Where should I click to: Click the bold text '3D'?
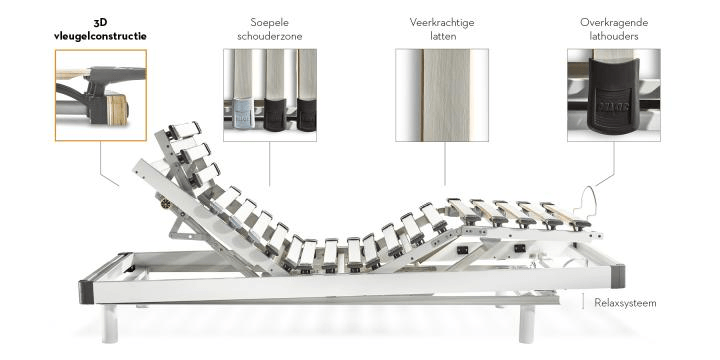pos(100,22)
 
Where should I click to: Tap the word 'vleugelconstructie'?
pos(100,36)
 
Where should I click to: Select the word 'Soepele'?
pos(270,22)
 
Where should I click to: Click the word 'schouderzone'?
pos(270,36)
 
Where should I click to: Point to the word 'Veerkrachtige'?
pos(442,22)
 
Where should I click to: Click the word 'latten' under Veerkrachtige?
pos(443,36)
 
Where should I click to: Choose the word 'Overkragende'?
pos(614,22)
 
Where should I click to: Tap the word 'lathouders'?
pos(614,36)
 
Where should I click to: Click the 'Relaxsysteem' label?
pos(625,303)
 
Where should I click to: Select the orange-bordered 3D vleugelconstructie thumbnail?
pos(101,95)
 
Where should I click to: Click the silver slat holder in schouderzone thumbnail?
pos(244,113)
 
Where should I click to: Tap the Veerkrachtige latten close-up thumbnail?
pos(442,95)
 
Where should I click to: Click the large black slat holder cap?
pos(613,95)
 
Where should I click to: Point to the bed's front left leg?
pos(110,323)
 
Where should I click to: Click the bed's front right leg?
pos(527,324)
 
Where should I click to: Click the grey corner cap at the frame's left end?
pos(86,292)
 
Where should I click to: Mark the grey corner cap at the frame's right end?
pos(618,276)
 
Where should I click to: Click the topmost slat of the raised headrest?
pos(184,130)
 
